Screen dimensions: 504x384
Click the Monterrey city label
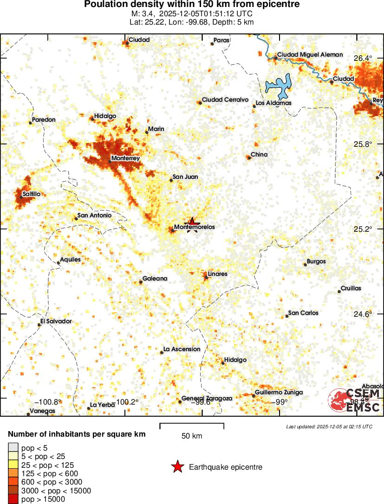coord(125,158)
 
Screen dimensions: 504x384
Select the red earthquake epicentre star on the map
coord(193,223)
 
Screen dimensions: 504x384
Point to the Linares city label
coord(217,274)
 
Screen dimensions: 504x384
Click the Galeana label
coord(155,279)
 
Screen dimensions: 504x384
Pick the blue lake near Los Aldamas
coord(278,85)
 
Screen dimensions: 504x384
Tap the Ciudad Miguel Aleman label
coord(310,55)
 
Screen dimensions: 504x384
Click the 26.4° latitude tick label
coord(363,59)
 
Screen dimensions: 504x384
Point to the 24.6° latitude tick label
coord(363,314)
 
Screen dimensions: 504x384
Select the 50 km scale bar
coord(192,426)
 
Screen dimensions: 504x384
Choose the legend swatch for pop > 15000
coord(13,499)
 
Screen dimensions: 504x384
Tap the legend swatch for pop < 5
coord(13,447)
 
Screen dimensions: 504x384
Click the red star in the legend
coord(177,467)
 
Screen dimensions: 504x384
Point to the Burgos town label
coord(316,262)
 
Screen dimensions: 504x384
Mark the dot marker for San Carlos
coord(287,316)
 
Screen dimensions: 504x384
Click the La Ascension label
coord(182,349)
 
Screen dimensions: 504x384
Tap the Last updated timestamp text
coord(329,426)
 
